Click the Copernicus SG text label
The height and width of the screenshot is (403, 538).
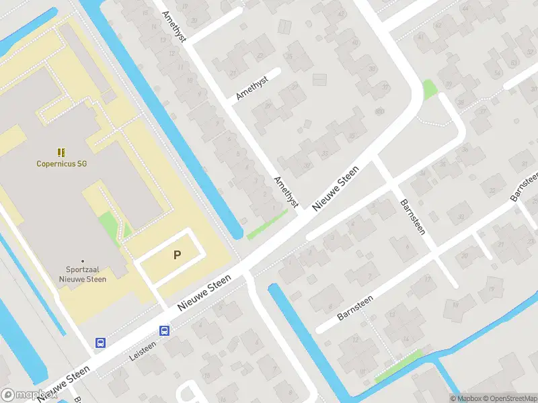coord(62,163)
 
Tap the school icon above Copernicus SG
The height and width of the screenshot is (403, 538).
coord(62,152)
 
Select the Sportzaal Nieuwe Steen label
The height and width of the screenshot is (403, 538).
coord(83,274)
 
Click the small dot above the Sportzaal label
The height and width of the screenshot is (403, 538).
coord(83,261)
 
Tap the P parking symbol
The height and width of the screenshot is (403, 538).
coord(178,255)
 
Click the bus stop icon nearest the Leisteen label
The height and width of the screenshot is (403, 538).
coord(164,330)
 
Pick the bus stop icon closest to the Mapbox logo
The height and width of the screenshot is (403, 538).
coord(100,343)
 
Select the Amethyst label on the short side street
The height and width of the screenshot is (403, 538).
coord(252,89)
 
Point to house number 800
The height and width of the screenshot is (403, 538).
coord(379,111)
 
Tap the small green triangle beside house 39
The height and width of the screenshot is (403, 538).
coord(428,89)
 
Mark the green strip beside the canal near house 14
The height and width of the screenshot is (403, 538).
coord(398,366)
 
